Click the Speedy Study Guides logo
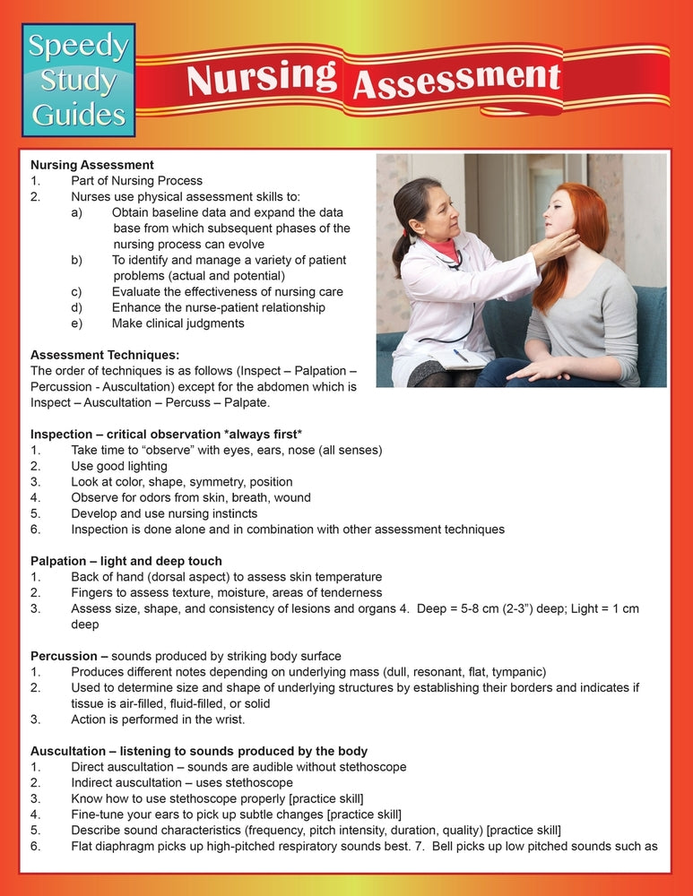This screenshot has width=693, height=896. [80, 81]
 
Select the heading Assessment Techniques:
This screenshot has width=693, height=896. [105, 355]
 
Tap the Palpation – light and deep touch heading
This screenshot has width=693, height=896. [126, 561]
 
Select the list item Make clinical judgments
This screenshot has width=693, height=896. [178, 323]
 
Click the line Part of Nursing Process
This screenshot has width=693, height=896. [137, 181]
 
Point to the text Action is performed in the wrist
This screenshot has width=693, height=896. [158, 719]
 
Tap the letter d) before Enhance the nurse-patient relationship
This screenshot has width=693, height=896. [77, 307]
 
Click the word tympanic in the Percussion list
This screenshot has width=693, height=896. [515, 672]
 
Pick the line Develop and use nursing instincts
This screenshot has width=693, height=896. [164, 513]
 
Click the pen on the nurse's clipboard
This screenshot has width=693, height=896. [460, 356]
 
